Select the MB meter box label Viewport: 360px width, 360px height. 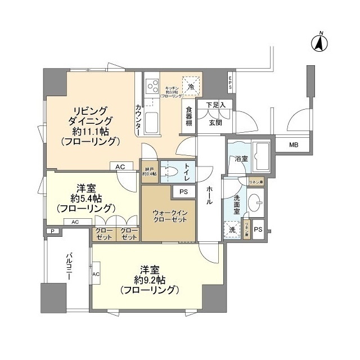tap(293, 145)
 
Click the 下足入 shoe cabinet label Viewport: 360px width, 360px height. tap(215, 105)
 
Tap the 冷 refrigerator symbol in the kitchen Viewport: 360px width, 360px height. tap(191, 86)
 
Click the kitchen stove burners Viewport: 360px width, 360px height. tap(152, 87)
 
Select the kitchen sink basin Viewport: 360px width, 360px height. tap(152, 120)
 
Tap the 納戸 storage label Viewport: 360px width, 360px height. tap(149, 171)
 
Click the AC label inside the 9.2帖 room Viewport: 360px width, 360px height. tap(96, 274)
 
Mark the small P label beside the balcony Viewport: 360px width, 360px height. tap(52, 231)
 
